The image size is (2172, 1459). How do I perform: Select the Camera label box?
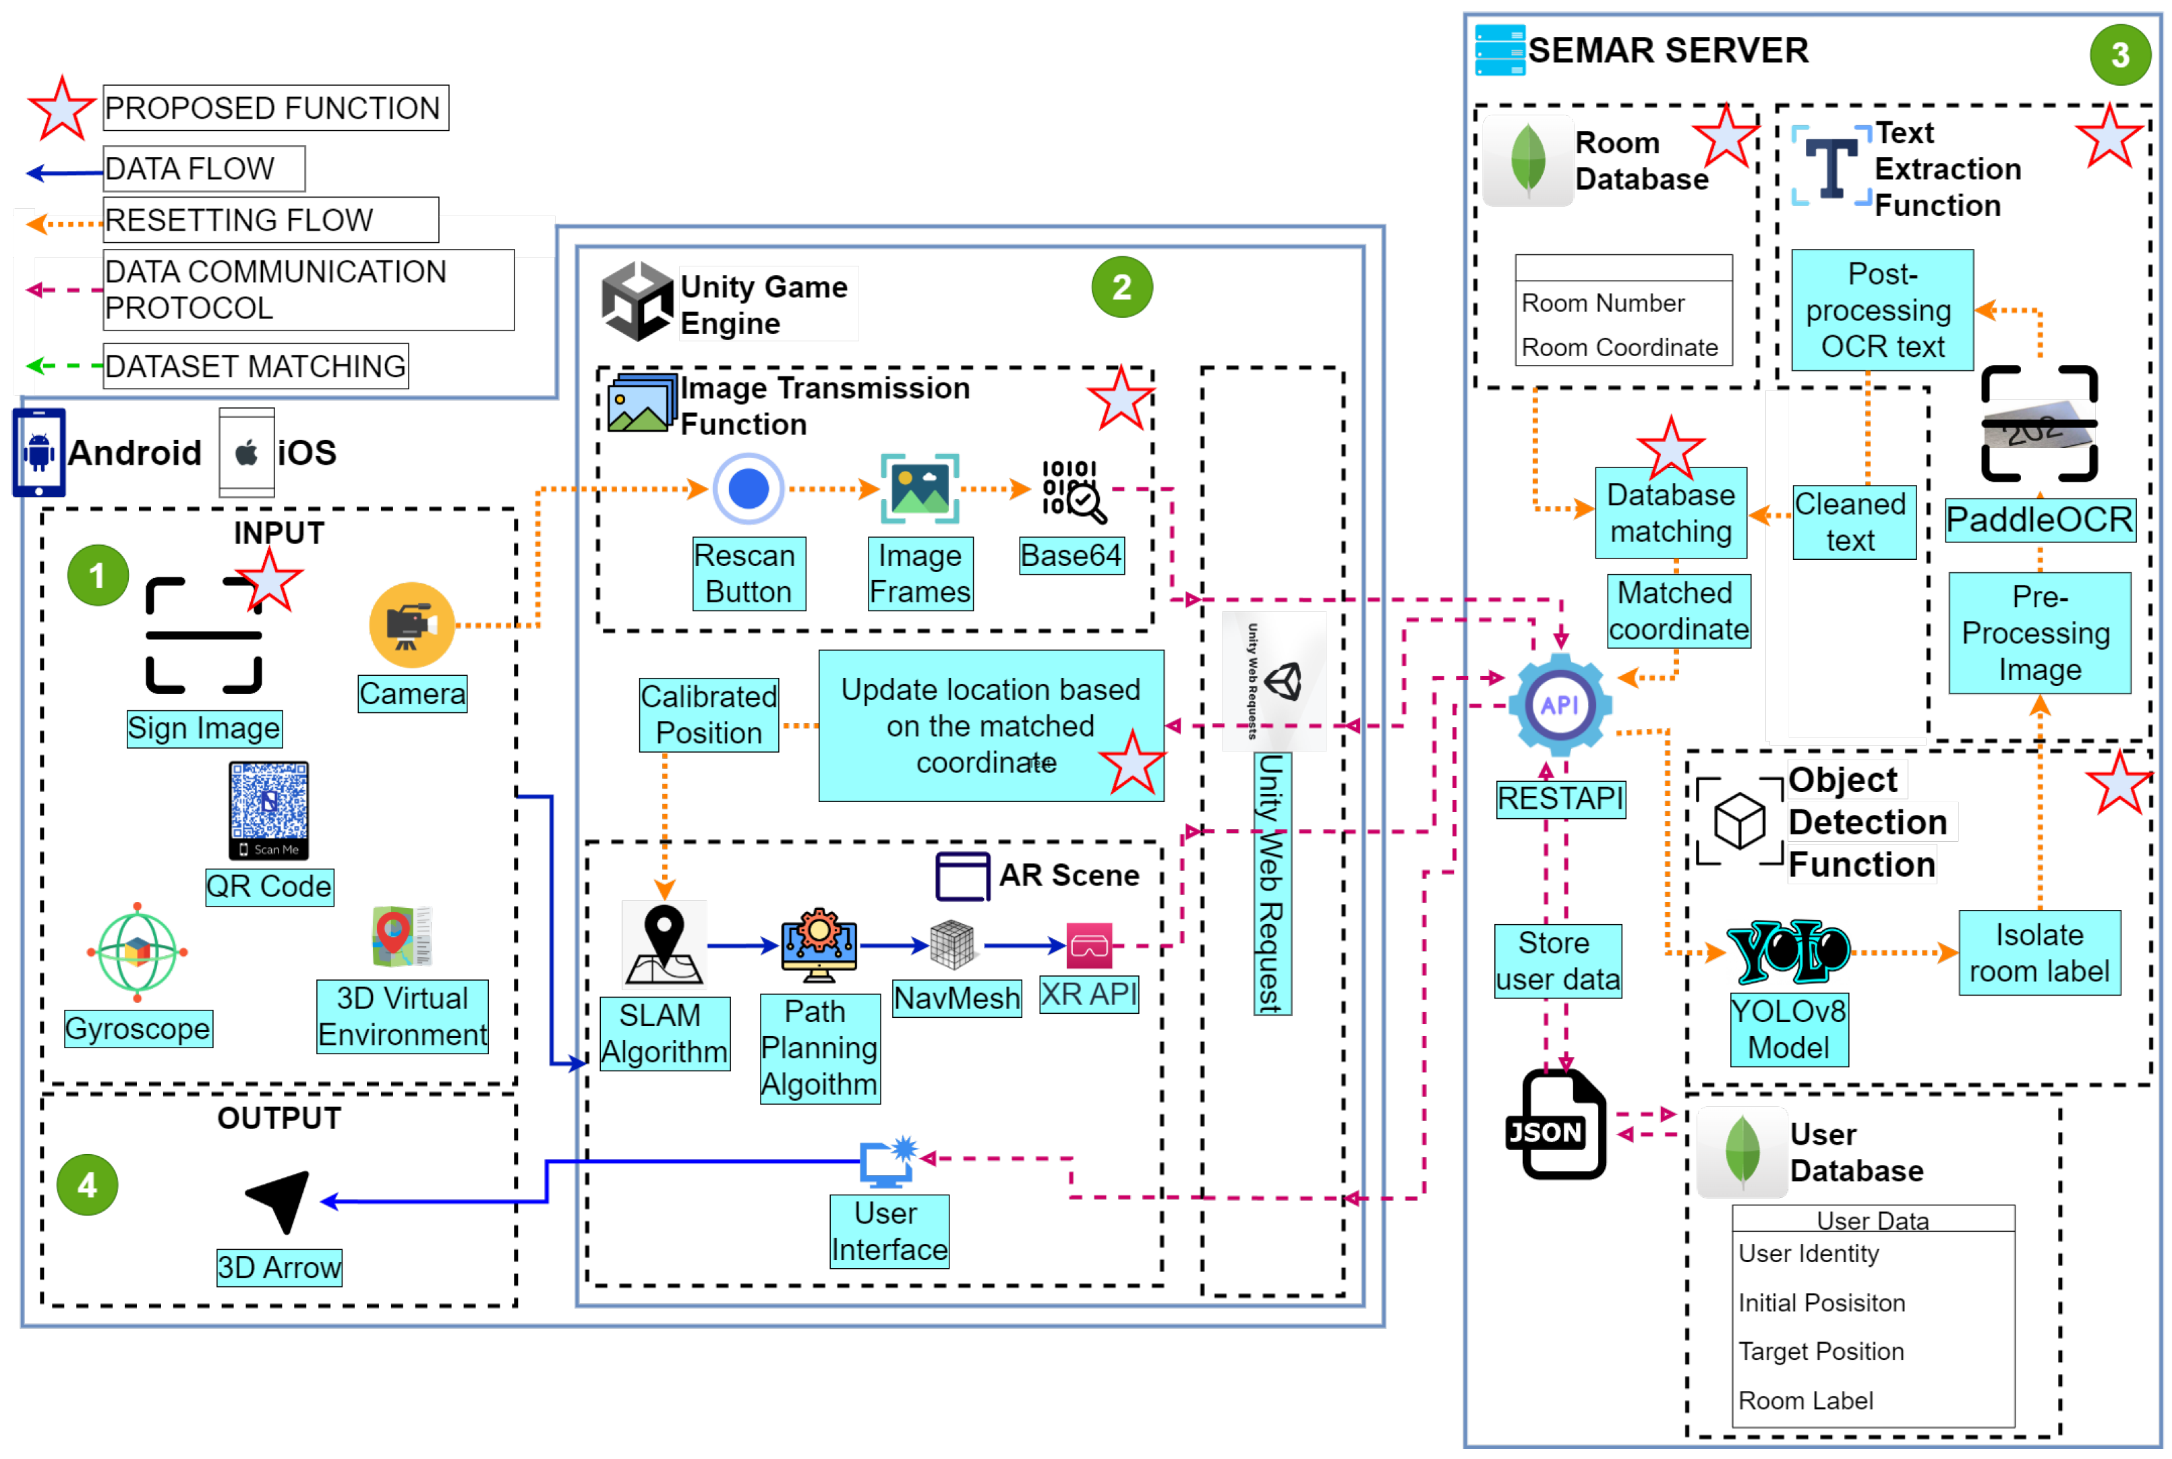point(412,694)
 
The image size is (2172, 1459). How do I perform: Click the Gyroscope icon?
point(138,952)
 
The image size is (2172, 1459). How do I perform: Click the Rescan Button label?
point(748,574)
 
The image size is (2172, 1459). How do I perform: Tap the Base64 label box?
point(1071,556)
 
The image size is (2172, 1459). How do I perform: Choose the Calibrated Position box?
point(709,714)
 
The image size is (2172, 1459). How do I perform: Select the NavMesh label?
point(956,998)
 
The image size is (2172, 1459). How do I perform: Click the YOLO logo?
point(1787,951)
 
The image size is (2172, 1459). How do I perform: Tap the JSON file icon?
point(1555,1126)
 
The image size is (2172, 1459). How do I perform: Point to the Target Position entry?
point(1821,1351)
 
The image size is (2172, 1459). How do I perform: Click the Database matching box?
point(1670,513)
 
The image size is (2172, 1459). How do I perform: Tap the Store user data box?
point(1557,961)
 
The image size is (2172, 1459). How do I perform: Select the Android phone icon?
point(39,452)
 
